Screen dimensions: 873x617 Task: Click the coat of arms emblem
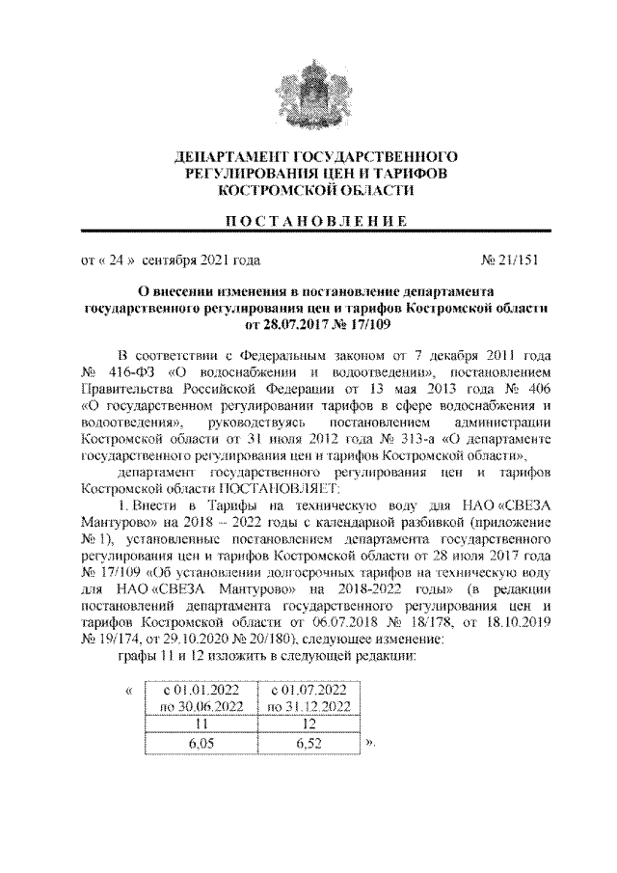[x=308, y=95]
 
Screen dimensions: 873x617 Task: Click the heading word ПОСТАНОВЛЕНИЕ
[x=308, y=223]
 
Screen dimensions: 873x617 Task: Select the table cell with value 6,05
[x=201, y=743]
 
